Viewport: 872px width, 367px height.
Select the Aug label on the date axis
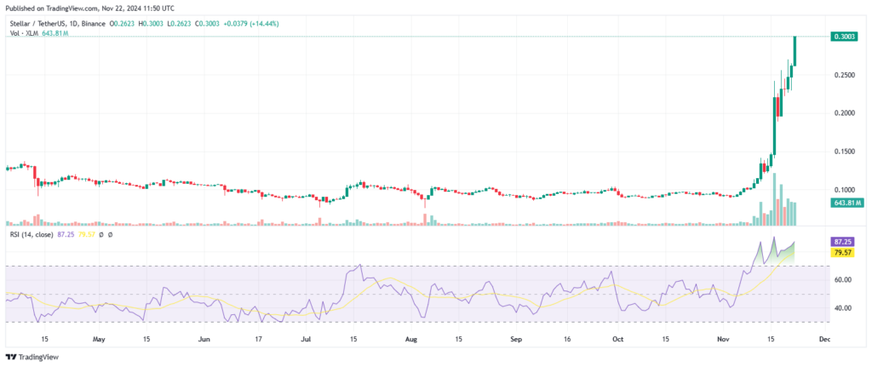[x=412, y=338]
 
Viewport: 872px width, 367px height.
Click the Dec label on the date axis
[x=824, y=338]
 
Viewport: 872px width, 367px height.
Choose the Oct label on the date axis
[x=621, y=338]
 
